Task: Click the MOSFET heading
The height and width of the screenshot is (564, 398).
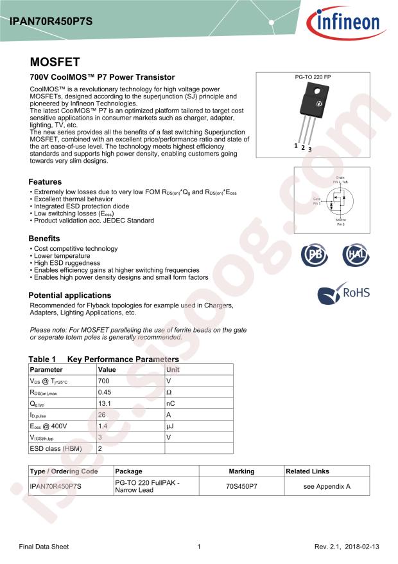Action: pos(55,62)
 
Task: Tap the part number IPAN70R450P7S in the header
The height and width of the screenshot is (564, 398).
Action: pos(51,21)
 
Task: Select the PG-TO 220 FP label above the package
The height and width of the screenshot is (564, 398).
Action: pos(312,77)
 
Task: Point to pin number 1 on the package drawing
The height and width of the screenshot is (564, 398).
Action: pos(296,145)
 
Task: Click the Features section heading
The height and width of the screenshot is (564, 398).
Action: pos(46,182)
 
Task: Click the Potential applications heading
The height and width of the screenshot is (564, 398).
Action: pos(71,295)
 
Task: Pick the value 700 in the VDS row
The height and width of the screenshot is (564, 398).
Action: pos(103,381)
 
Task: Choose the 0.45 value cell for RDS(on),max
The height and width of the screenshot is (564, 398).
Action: pos(105,392)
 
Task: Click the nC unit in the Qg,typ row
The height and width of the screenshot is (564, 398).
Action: pos(171,403)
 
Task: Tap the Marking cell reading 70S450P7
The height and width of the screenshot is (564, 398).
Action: pos(241,486)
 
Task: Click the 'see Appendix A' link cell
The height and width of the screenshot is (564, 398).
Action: pos(327,486)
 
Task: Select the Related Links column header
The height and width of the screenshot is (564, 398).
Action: pos(307,471)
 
